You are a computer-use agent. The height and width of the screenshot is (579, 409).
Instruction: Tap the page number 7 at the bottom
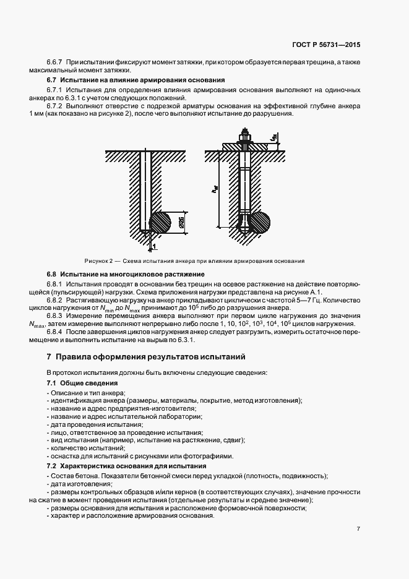tap(358, 529)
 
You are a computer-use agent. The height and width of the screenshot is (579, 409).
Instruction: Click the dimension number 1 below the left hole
tap(153, 246)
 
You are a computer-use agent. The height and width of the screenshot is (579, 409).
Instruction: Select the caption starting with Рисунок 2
tap(194, 260)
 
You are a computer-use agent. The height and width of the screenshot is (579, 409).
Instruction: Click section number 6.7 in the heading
tap(52, 80)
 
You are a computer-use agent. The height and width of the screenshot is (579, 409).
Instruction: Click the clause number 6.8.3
tap(56, 316)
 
